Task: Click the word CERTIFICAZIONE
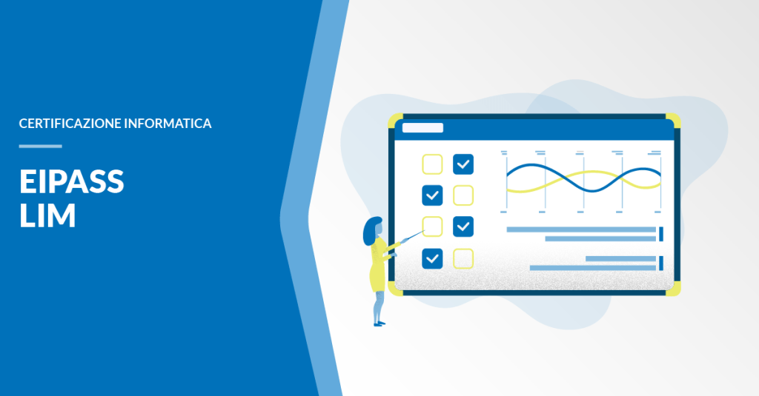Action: coord(70,124)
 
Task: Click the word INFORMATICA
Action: coord(168,124)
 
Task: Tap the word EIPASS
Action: coord(72,181)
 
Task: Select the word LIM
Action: coord(47,215)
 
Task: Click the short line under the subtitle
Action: coord(41,146)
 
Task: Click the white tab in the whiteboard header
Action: coord(422,127)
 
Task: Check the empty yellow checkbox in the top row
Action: coord(432,164)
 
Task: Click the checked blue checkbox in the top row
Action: coord(463,164)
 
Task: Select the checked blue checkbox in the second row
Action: coord(432,195)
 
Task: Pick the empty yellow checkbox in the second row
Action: coord(463,195)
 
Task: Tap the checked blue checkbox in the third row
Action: coord(463,226)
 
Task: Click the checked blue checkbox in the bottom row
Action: coord(432,258)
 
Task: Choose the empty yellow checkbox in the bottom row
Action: coord(463,258)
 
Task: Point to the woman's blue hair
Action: coord(371,231)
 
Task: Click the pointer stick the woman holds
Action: coord(412,236)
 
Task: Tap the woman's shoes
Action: coord(379,323)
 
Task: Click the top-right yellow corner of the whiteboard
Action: coord(674,120)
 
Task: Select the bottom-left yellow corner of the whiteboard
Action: coord(395,289)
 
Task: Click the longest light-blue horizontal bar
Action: coord(581,229)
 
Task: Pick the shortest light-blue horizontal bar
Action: coord(621,258)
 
